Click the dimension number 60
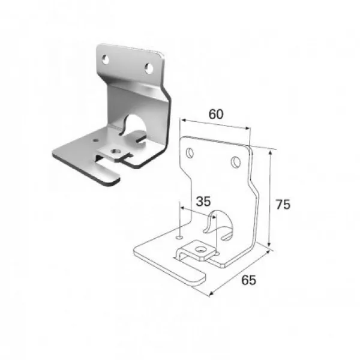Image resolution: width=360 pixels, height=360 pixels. (x=216, y=115)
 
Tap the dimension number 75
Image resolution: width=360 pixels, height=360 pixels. (x=283, y=205)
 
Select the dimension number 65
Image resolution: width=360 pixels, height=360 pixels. (x=248, y=280)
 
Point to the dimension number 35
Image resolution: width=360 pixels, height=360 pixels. (x=203, y=202)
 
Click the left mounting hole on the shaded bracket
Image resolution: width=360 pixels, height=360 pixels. (x=106, y=59)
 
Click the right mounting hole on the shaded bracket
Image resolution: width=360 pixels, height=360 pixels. (x=149, y=68)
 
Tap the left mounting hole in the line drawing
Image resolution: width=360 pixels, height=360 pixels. (x=190, y=153)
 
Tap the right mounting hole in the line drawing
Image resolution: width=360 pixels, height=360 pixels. (x=236, y=162)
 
